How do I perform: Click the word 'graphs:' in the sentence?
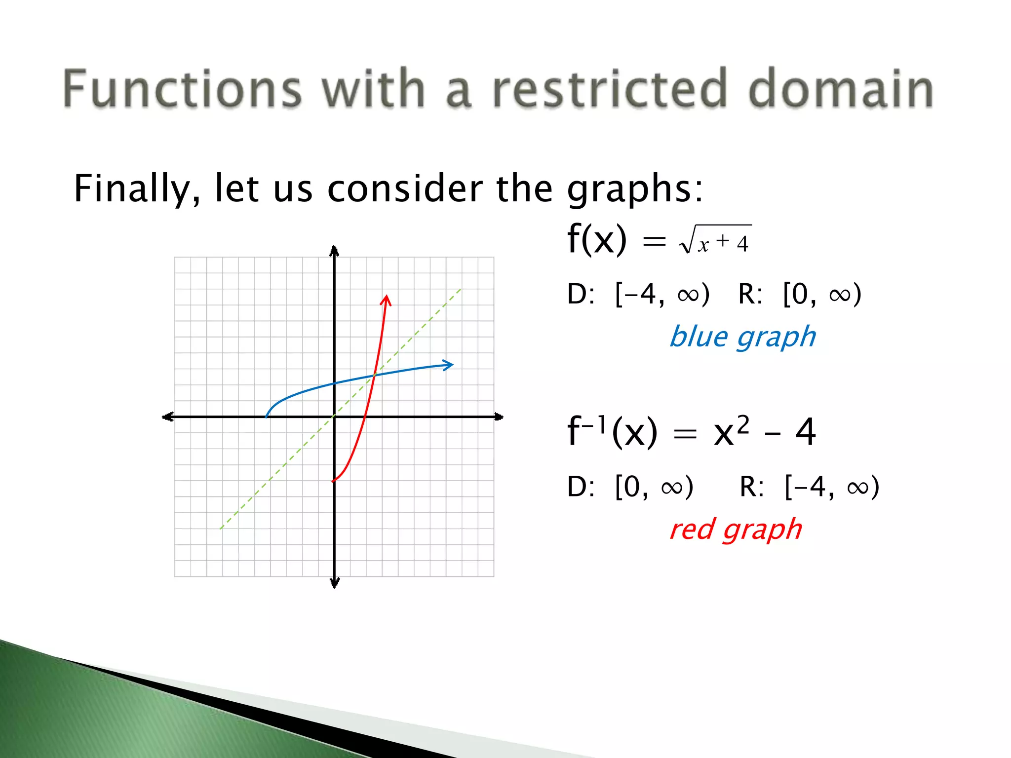(x=635, y=189)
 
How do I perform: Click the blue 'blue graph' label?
(x=742, y=337)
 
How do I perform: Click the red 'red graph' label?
(x=736, y=530)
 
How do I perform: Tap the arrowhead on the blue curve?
(x=448, y=365)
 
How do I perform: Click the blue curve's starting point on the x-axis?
(x=267, y=417)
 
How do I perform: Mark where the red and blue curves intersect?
(x=375, y=376)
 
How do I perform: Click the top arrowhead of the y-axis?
(x=334, y=251)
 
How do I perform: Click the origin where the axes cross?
(x=334, y=417)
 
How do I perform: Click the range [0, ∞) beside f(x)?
(x=822, y=295)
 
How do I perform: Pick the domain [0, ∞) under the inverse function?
(x=654, y=487)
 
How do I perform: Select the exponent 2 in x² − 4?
(x=743, y=425)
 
